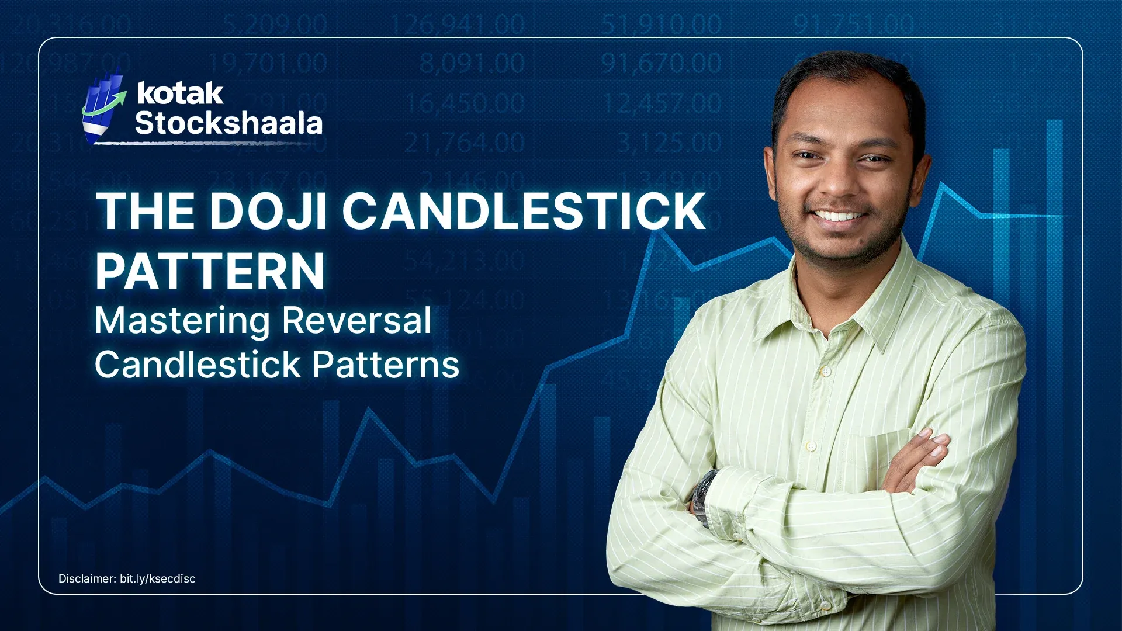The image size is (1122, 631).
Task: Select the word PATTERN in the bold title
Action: tap(210, 271)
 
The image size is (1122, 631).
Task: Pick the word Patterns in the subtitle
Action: tap(386, 365)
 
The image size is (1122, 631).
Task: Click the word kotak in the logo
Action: tap(180, 93)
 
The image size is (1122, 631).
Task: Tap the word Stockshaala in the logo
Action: tap(228, 123)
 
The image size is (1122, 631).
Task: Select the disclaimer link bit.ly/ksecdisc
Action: tap(157, 578)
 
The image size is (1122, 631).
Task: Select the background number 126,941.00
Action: tap(457, 25)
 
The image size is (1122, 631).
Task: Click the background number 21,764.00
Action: tap(464, 143)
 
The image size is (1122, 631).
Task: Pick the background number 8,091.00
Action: tap(472, 63)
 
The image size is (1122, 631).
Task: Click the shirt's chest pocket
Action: tap(877, 462)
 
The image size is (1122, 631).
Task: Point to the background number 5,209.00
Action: tap(275, 25)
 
